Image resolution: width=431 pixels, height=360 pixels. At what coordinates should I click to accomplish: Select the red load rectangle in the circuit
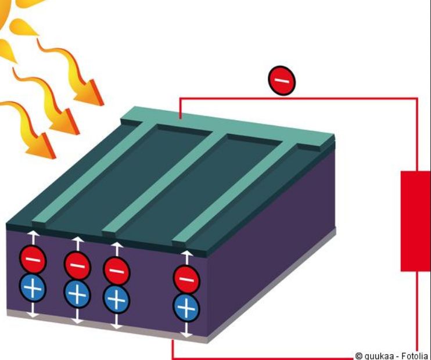coord(415,221)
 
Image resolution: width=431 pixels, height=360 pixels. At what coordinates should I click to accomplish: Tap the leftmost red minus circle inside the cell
coord(34,260)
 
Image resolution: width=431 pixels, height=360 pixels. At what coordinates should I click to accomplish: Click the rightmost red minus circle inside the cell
coord(186,280)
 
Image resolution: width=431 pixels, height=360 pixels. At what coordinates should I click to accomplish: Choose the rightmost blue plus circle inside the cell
coord(186,307)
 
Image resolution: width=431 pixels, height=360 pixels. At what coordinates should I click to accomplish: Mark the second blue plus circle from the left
coord(77,293)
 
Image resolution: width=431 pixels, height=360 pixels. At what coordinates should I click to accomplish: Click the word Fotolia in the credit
coord(414,355)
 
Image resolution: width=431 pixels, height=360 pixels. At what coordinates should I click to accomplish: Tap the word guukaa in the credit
coord(379,355)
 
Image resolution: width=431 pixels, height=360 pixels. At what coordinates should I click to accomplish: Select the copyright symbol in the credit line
coord(359,355)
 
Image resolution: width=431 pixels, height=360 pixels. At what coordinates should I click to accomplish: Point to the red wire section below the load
coord(416,314)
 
